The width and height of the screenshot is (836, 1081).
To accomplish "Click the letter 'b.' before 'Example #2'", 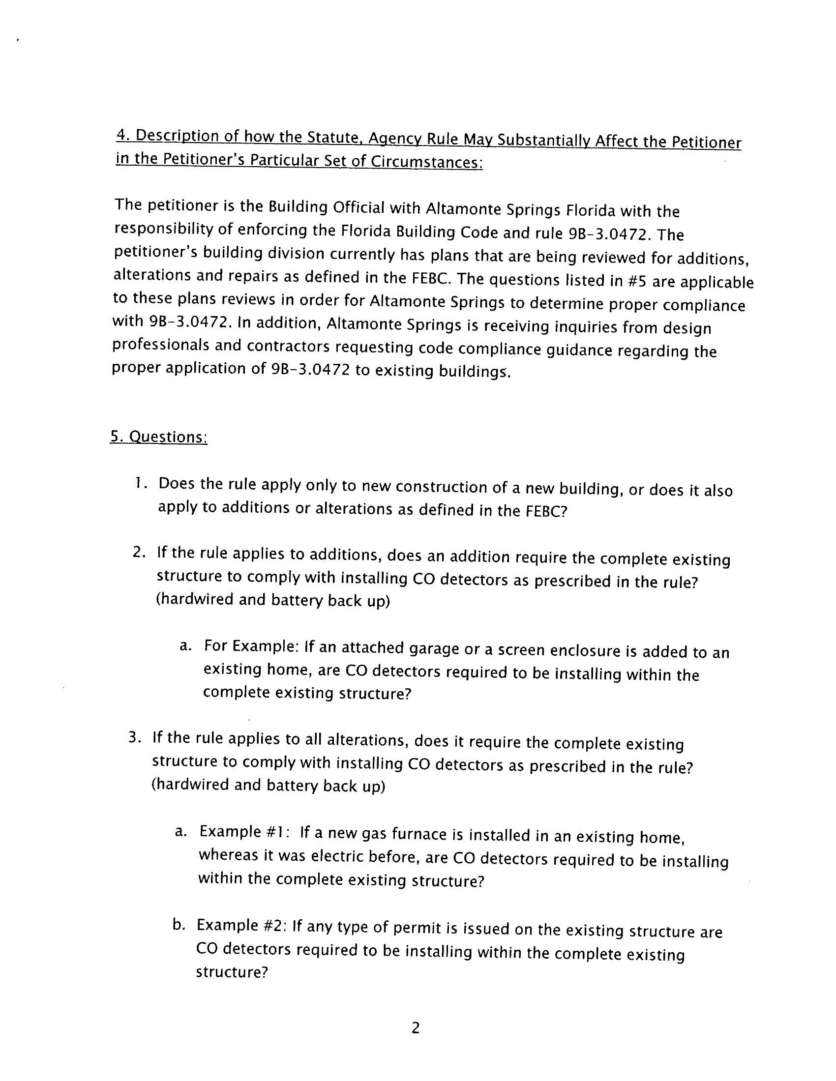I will coord(179,925).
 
